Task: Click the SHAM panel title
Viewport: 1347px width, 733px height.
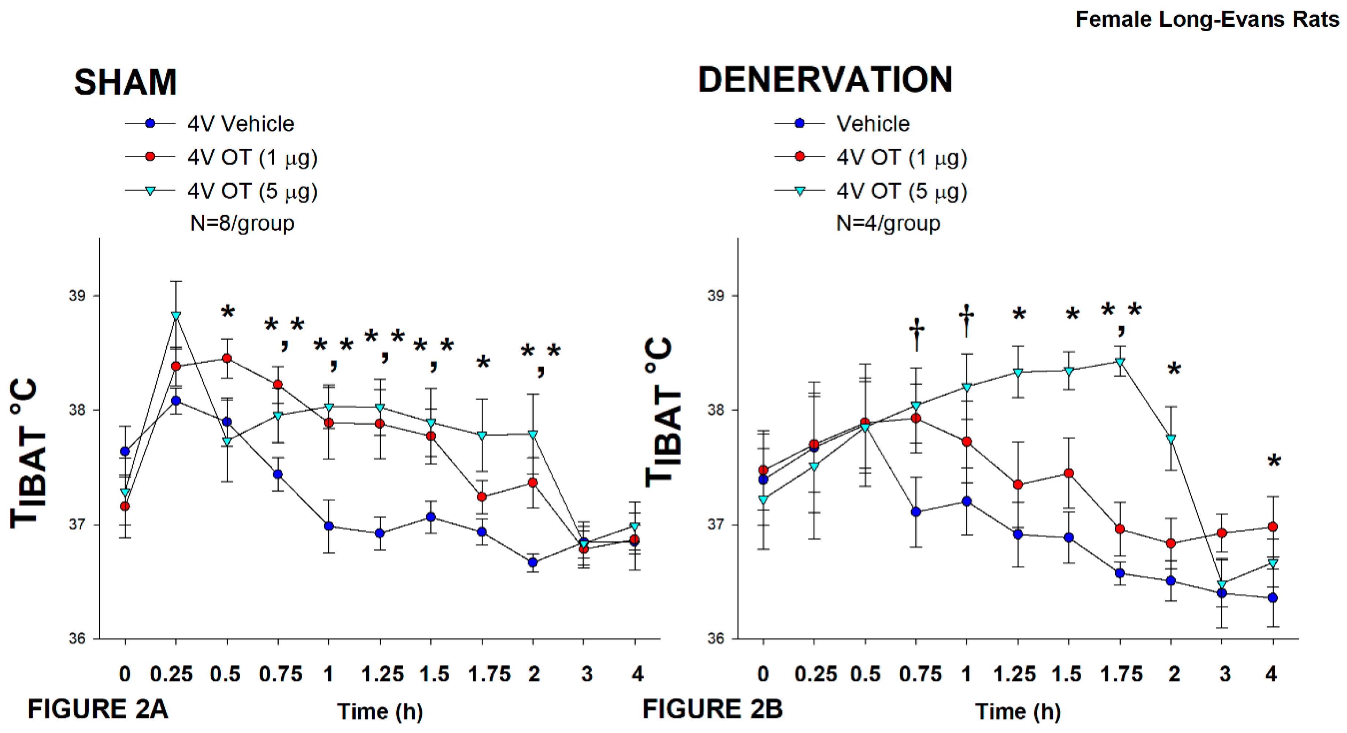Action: coord(126,82)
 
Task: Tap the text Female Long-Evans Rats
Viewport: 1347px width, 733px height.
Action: coord(1207,19)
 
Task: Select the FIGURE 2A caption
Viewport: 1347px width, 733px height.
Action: coord(98,710)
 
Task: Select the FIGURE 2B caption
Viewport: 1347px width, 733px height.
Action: coord(712,710)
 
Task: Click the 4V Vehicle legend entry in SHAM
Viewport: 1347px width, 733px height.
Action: coord(241,124)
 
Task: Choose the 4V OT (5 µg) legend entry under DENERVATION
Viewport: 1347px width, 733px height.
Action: coord(901,191)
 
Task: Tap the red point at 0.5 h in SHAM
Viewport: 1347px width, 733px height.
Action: coord(227,358)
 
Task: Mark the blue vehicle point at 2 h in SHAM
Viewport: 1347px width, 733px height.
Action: coord(533,562)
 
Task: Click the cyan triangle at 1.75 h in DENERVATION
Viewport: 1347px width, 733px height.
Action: coord(1120,362)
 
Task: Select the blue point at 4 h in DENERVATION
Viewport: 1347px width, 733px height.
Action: coord(1273,597)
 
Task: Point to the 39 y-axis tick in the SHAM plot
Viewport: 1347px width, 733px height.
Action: coord(77,296)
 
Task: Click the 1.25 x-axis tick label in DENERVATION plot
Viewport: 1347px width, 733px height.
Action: coord(1015,674)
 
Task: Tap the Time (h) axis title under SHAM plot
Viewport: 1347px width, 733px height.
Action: coord(380,711)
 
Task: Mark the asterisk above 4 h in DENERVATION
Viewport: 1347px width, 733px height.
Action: coord(1274,462)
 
